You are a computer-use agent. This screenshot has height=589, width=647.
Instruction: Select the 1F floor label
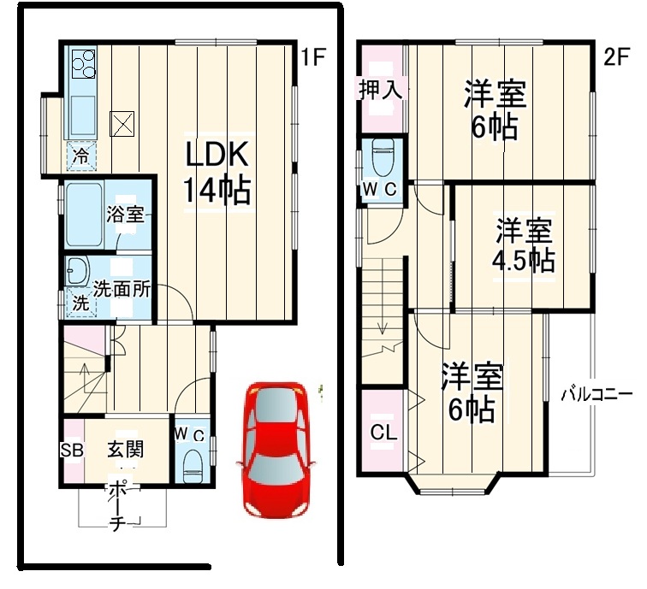[x=313, y=57]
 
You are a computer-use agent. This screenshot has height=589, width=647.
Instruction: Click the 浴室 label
[x=125, y=215]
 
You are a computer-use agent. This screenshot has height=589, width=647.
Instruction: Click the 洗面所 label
[x=122, y=289]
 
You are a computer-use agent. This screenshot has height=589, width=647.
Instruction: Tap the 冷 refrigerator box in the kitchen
[x=80, y=156]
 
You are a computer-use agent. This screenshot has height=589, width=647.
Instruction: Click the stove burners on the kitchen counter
[x=84, y=62]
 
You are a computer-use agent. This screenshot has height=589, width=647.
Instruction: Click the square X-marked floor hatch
[x=123, y=124]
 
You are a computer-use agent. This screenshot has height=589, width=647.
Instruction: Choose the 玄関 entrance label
[x=124, y=448]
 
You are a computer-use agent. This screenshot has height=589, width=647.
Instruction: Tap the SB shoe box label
[x=72, y=449]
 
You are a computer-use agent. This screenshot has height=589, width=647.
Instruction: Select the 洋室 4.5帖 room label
[x=524, y=245]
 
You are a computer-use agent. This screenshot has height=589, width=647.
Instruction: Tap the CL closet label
[x=383, y=433]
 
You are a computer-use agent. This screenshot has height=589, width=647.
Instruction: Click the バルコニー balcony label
[x=597, y=394]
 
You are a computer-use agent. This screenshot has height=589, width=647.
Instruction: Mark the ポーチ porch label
[x=114, y=507]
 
